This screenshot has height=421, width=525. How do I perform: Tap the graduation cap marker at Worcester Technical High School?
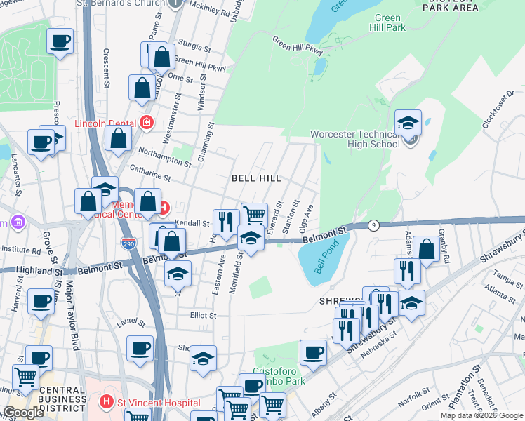[408, 123]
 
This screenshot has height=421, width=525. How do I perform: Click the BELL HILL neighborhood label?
[256, 179]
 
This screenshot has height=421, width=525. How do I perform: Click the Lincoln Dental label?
[105, 123]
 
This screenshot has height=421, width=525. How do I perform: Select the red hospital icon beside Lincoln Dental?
[147, 123]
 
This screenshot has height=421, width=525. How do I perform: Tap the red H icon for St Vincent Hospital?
[106, 402]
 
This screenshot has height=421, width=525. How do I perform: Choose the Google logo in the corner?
[23, 413]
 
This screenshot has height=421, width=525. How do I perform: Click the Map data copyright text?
[481, 415]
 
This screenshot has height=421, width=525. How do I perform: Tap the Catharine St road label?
[151, 174]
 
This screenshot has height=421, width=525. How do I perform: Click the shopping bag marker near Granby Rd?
[427, 249]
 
